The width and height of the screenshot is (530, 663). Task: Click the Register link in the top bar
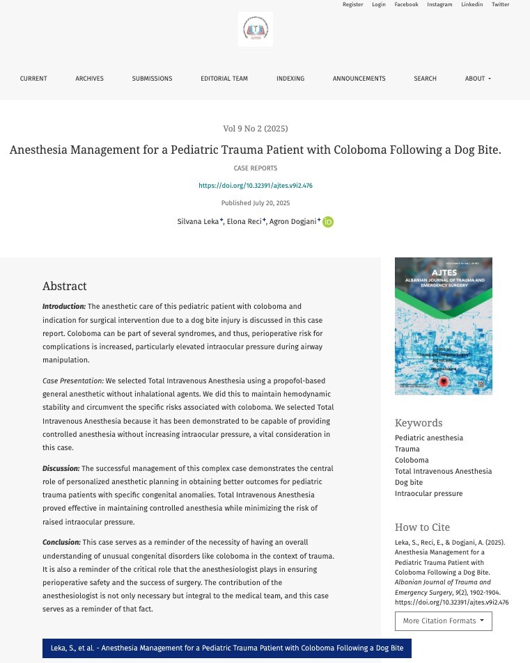pos(352,5)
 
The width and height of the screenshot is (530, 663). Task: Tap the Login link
pos(379,5)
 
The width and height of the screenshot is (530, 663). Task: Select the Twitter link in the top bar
pos(500,5)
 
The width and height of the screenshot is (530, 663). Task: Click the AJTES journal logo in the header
pos(256,29)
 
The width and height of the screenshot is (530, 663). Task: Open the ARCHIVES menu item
pos(89,79)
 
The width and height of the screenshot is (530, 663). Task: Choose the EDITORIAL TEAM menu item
pos(224,79)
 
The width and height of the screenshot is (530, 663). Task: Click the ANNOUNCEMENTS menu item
pos(359,79)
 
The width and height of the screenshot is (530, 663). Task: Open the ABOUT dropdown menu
pos(478,79)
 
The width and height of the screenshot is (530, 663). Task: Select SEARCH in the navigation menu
pos(425,79)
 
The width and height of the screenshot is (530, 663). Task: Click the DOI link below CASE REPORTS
pos(256,186)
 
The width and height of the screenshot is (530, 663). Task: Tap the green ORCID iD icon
pos(328,222)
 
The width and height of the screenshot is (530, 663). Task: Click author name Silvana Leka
pos(198,222)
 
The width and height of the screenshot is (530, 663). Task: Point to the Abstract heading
pos(65,286)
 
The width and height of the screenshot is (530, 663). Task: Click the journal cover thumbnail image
pos(443,326)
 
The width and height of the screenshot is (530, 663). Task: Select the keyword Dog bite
pos(409,482)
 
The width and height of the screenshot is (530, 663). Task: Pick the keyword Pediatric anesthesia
pos(429,438)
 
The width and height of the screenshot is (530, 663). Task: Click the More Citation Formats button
pos(443,621)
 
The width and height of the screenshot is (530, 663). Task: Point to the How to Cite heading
pos(422,527)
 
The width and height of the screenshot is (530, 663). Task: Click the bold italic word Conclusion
pos(61,542)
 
